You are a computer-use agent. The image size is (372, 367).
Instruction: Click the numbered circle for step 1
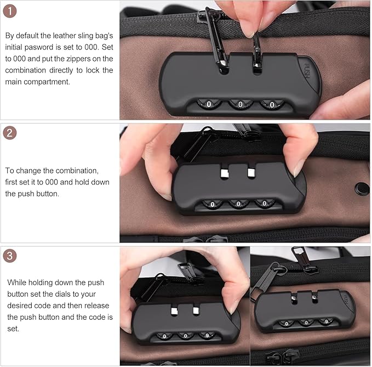point(10,11)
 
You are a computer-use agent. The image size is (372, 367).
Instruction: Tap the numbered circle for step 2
point(10,134)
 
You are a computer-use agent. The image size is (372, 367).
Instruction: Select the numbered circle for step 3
point(10,256)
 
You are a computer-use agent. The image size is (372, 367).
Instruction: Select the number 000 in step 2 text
point(70,182)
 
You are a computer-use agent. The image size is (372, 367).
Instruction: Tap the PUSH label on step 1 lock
point(307,70)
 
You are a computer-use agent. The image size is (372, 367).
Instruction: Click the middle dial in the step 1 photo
point(240,103)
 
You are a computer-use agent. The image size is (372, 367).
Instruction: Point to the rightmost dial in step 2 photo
point(265,204)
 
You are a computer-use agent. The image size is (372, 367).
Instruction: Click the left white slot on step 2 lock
point(224,173)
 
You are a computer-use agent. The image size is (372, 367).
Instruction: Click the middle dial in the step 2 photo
point(238,204)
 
